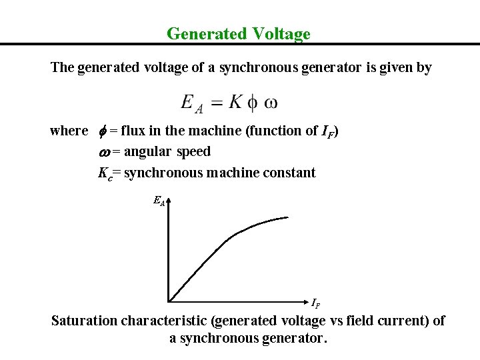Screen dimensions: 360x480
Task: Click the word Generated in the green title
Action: pyautogui.click(x=201, y=33)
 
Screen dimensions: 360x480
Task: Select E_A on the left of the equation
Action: pyautogui.click(x=193, y=103)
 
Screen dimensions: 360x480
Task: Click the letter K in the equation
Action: pyautogui.click(x=235, y=101)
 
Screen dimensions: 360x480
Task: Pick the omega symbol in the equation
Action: pyautogui.click(x=271, y=103)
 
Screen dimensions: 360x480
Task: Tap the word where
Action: pyautogui.click(x=69, y=131)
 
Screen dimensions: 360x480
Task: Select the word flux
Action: pyautogui.click(x=134, y=131)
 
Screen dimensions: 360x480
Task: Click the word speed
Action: pyautogui.click(x=193, y=152)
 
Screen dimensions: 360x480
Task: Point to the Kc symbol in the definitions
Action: pyautogui.click(x=105, y=173)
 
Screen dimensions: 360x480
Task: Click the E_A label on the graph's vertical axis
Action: pyautogui.click(x=159, y=200)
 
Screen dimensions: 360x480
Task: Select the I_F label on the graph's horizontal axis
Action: pyautogui.click(x=315, y=303)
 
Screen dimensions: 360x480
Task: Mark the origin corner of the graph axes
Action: pyautogui.click(x=169, y=301)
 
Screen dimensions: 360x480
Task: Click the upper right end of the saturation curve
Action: pyautogui.click(x=287, y=217)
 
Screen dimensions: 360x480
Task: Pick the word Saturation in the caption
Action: pyautogui.click(x=85, y=321)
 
